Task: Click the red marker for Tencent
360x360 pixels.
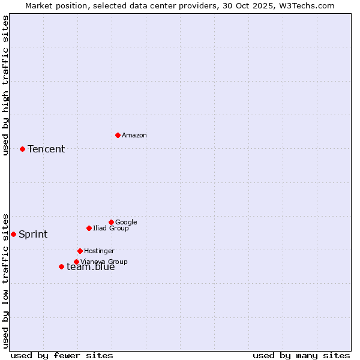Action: [22, 149]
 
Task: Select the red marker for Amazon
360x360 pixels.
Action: [118, 135]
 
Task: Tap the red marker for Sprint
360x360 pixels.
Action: [13, 234]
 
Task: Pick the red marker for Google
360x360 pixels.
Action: [111, 222]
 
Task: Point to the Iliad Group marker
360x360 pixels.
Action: [89, 228]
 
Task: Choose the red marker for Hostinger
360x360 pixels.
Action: [80, 251]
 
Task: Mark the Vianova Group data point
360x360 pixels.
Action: [76, 262]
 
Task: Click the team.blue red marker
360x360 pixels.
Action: [61, 266]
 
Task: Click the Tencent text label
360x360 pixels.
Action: [46, 149]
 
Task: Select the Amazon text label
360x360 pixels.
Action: [134, 136]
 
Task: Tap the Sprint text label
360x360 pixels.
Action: [33, 235]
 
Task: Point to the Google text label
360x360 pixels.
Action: [126, 223]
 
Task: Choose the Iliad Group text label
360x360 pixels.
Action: [111, 229]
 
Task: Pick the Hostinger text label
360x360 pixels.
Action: [99, 251]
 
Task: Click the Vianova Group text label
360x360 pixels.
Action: [104, 262]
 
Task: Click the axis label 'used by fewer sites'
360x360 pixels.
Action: [62, 355]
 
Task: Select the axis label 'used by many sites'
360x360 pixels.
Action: [301, 355]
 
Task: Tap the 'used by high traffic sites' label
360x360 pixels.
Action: [5, 85]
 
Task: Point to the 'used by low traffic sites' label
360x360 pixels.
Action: [5, 280]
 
